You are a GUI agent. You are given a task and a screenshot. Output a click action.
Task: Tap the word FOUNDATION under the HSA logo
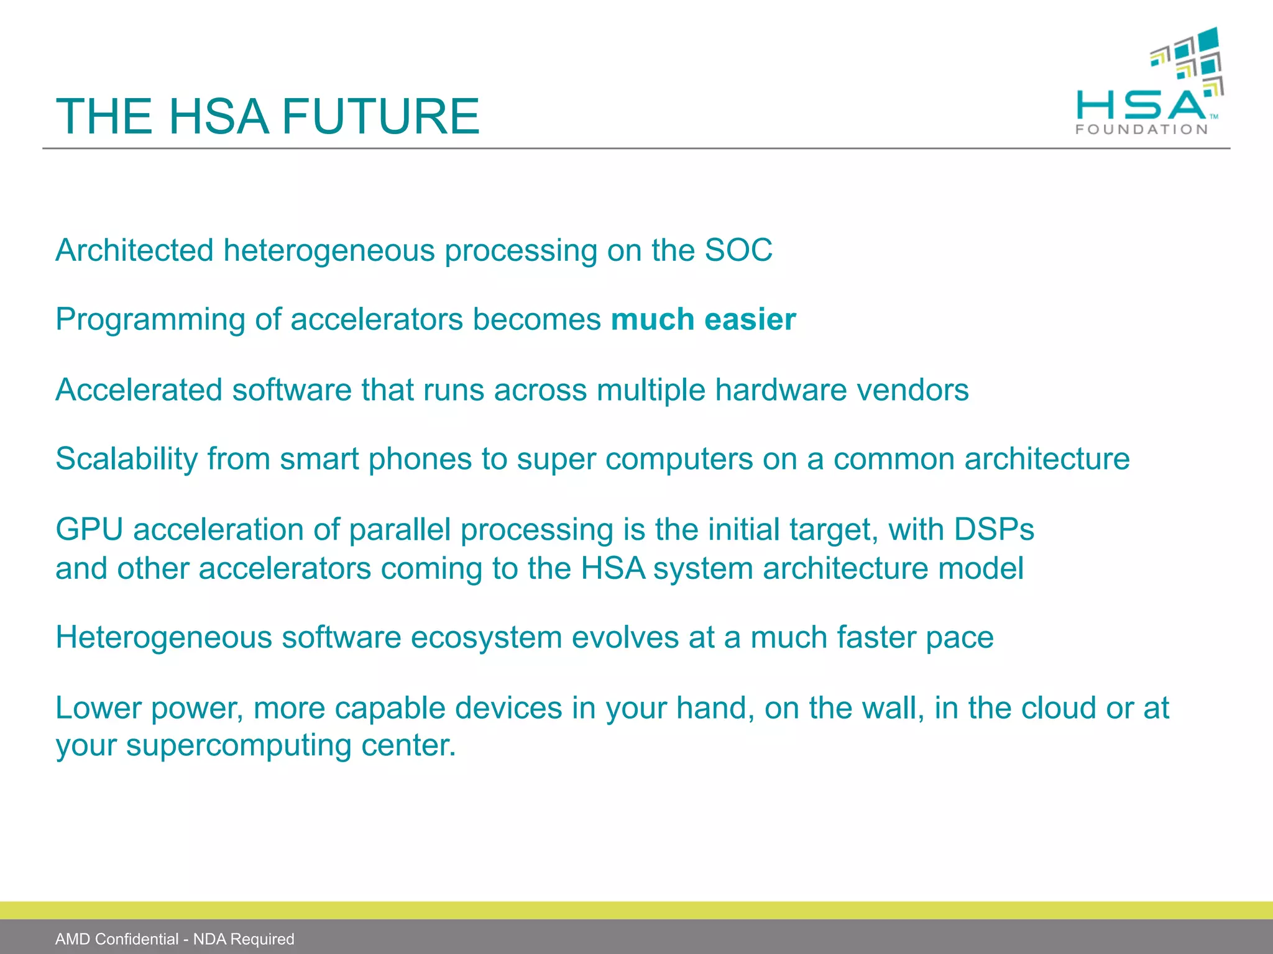(x=1142, y=129)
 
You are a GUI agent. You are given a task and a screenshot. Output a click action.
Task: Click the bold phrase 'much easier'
(x=703, y=319)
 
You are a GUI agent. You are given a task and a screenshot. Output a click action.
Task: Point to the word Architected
(x=134, y=250)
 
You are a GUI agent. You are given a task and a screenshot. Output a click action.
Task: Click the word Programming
(x=150, y=320)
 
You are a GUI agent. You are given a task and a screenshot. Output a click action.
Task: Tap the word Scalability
(x=126, y=459)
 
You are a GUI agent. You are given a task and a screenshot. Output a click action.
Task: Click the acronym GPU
(x=89, y=529)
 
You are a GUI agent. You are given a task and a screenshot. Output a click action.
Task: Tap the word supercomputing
(x=239, y=745)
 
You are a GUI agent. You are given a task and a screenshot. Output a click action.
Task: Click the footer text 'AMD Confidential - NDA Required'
(x=175, y=938)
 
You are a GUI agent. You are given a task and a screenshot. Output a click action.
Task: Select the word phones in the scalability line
(x=420, y=459)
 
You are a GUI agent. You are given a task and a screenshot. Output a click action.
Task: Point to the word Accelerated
(x=139, y=390)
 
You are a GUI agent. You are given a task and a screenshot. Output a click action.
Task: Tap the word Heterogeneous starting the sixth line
(x=163, y=637)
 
